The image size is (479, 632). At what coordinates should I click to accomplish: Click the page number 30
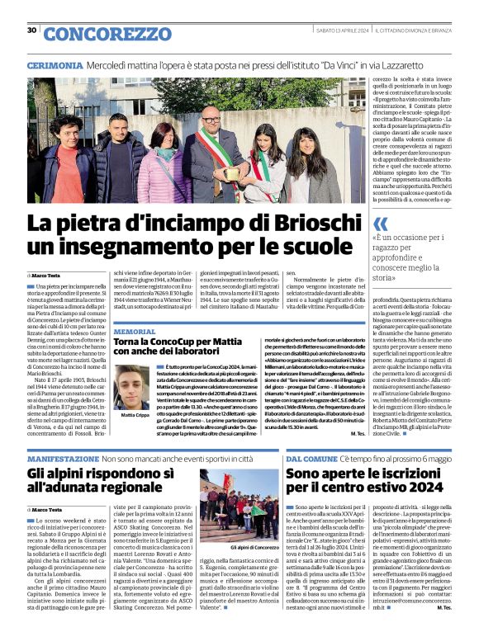[x=31, y=31]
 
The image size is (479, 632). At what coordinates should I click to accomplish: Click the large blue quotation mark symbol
[x=381, y=223]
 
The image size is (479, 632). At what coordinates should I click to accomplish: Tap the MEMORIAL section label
[x=134, y=331]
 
